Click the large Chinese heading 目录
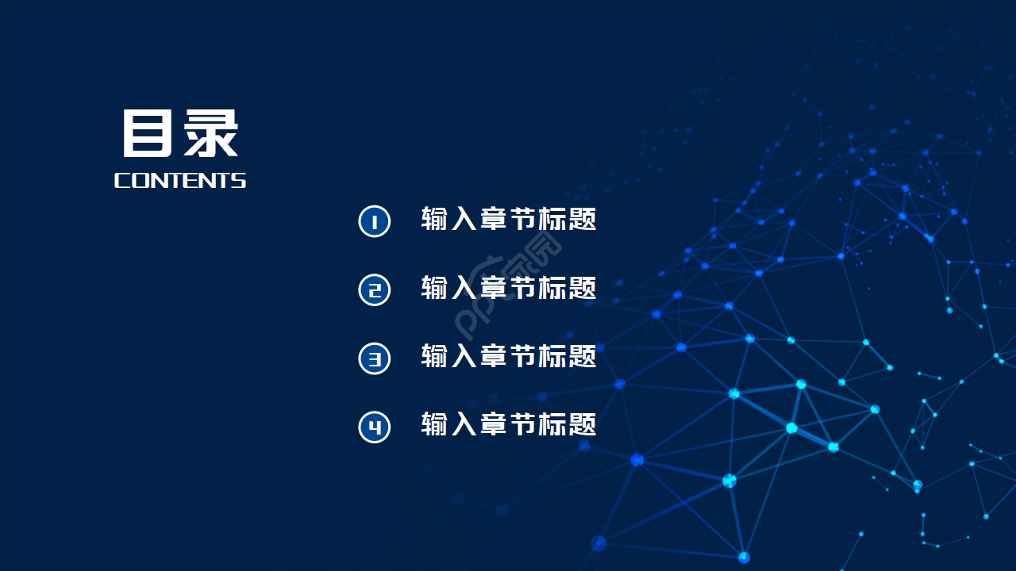tap(180, 133)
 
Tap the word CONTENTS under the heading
tap(180, 181)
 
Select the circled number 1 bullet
tap(375, 221)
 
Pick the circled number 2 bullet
tap(375, 289)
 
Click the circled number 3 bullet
tap(375, 358)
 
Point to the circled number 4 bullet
tap(375, 427)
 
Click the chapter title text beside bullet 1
tap(509, 220)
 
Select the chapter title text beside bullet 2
tap(509, 288)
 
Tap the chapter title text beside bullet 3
tap(509, 357)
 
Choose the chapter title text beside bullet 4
tap(509, 425)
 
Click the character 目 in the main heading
tap(148, 133)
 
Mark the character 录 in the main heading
tap(212, 133)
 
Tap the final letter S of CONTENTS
tap(238, 181)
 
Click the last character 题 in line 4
tap(583, 425)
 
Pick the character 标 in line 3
tap(553, 357)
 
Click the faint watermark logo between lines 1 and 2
tap(508, 285)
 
